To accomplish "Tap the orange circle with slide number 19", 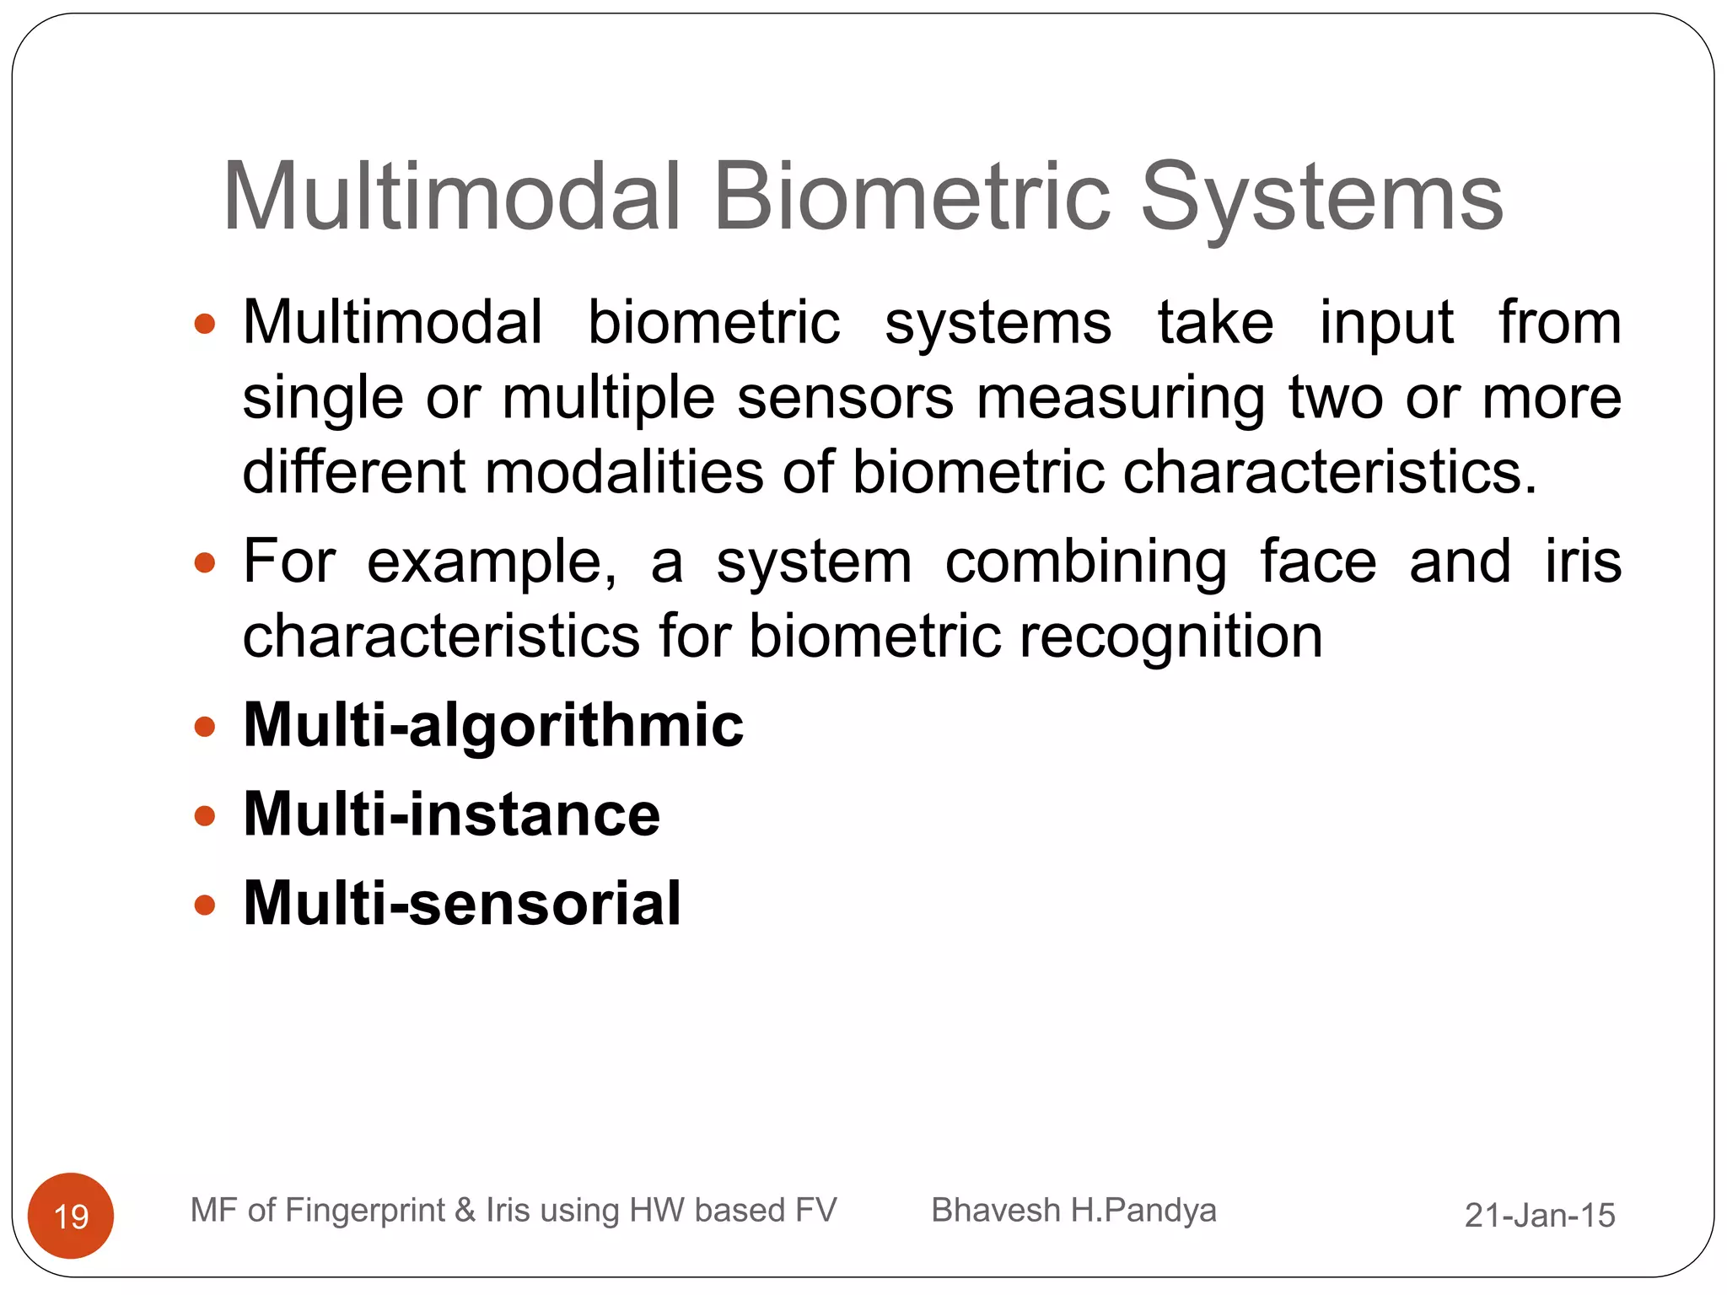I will [71, 1215].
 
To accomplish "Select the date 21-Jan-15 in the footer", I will [1540, 1215].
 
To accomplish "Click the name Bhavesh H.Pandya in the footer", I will [1073, 1210].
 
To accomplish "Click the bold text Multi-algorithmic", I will [493, 725].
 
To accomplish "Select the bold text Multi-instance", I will [451, 814].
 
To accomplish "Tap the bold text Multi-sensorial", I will [462, 904].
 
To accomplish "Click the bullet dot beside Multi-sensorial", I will [205, 905].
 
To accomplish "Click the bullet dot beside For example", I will [205, 562].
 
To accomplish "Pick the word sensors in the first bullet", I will [845, 398].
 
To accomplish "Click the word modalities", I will [623, 472].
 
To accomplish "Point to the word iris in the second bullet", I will [1583, 562].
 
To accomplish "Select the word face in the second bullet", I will [1318, 562].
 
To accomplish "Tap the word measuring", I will [1121, 398].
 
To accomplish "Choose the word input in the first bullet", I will [1386, 324].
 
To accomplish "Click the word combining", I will [1085, 562].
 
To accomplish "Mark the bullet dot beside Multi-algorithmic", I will [205, 727].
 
